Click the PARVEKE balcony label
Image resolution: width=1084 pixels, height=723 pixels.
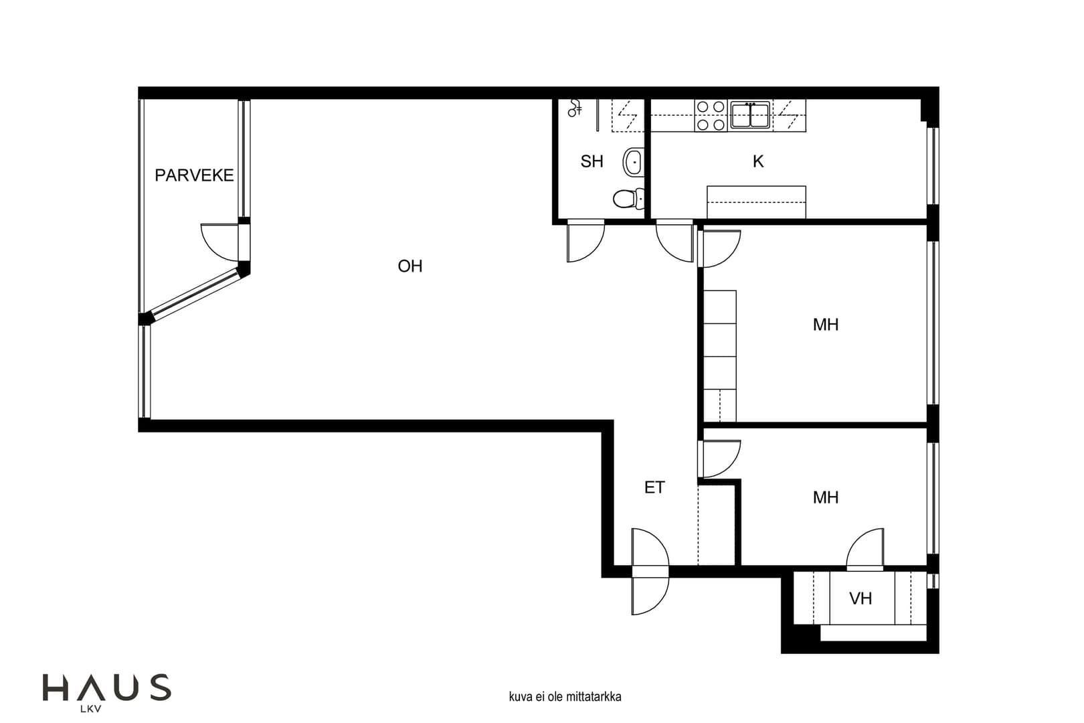coord(194,175)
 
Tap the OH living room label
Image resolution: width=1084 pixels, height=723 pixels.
coord(410,266)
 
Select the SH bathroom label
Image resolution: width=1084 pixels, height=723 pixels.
coord(592,161)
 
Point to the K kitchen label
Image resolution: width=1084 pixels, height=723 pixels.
coord(758,161)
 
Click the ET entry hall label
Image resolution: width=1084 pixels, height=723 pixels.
coord(654,487)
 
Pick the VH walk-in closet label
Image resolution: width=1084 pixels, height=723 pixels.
coord(861,598)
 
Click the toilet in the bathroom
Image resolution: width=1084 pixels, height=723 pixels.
coord(628,198)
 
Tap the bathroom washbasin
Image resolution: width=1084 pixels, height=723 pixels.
coord(634,162)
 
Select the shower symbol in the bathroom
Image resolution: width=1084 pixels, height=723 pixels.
coord(574,108)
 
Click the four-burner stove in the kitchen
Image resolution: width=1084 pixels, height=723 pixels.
coord(711,115)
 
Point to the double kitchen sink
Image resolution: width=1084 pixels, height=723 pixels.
coord(750,115)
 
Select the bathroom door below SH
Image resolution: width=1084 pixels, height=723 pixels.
coord(585,241)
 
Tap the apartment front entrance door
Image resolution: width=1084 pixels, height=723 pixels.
coord(650,572)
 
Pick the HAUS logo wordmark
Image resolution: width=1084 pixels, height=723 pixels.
coord(107,687)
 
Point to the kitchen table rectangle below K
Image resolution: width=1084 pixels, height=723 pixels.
coord(756,202)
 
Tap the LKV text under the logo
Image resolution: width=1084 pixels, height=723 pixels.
coord(91,710)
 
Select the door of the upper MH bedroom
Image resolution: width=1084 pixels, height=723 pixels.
coord(719,248)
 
